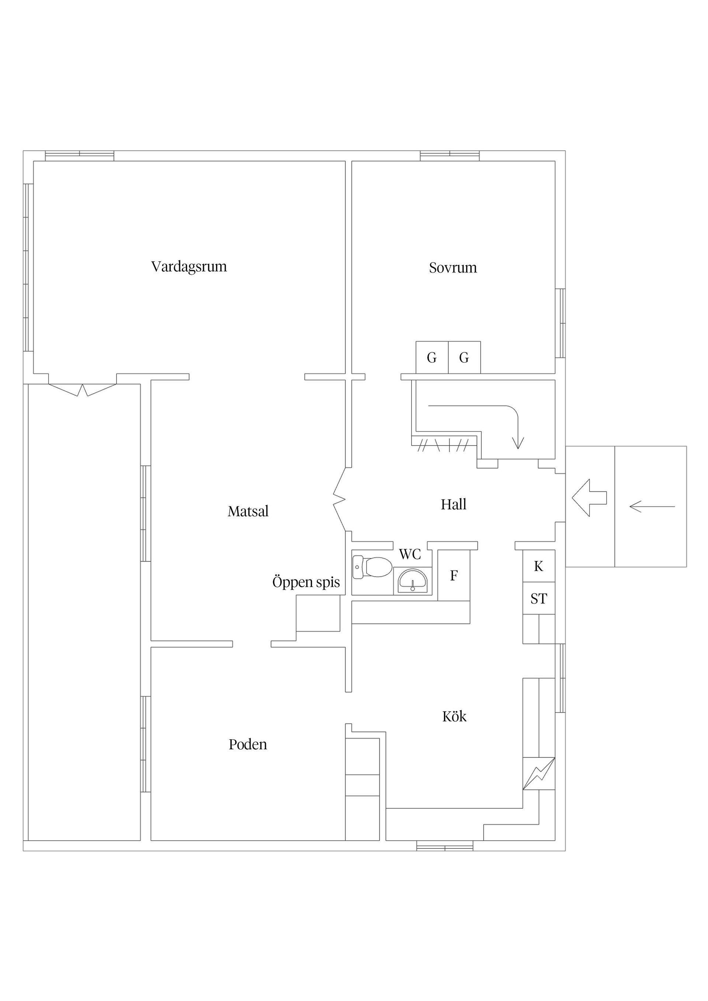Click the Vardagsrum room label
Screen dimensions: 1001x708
pyautogui.click(x=189, y=266)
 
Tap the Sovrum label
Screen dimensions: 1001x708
pyautogui.click(x=453, y=267)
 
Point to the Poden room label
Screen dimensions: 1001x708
pyautogui.click(x=248, y=744)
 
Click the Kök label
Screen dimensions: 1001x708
pyautogui.click(x=454, y=716)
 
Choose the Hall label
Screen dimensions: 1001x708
pyautogui.click(x=453, y=505)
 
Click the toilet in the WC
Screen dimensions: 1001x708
pyautogui.click(x=373, y=567)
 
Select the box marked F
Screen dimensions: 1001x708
pyautogui.click(x=454, y=575)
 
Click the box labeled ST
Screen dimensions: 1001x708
pyautogui.click(x=539, y=599)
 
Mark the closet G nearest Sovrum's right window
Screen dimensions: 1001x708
pyautogui.click(x=464, y=357)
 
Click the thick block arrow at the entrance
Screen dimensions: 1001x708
pyautogui.click(x=589, y=498)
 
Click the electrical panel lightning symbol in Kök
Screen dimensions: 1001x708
pyautogui.click(x=539, y=774)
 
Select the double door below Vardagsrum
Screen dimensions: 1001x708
pyautogui.click(x=83, y=389)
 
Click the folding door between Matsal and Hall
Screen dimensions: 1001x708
pyautogui.click(x=339, y=499)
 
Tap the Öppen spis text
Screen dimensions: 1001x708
pyautogui.click(x=306, y=582)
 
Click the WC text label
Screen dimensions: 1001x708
pyautogui.click(x=410, y=554)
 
